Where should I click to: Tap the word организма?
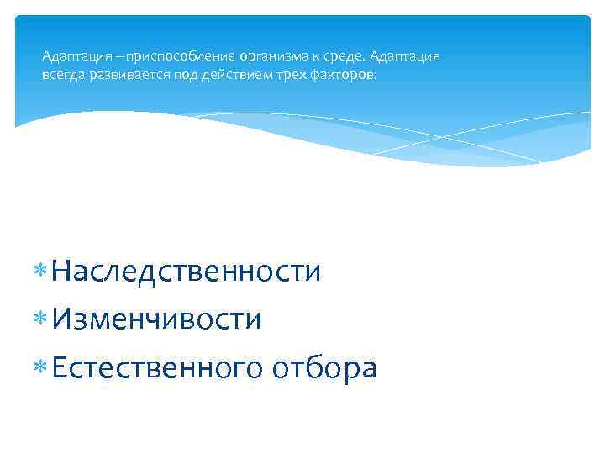[x=272, y=57]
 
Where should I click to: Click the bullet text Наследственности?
[x=186, y=271]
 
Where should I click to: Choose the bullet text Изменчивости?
[x=156, y=319]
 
